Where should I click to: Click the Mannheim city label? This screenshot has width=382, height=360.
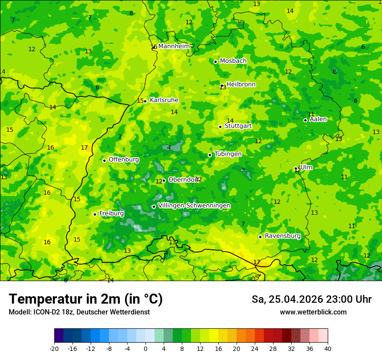point(174,46)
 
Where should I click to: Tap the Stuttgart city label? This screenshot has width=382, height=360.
point(238,126)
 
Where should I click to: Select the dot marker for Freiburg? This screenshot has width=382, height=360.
point(95,214)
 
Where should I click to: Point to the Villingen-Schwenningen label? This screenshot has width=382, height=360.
point(194,206)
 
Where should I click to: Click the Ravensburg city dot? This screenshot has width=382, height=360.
point(260,237)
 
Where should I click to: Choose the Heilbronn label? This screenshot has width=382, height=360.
point(241,85)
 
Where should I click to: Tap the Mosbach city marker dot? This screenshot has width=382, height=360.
point(215,62)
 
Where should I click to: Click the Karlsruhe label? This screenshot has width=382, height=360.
point(164,100)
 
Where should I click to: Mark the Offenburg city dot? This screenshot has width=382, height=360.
point(104,160)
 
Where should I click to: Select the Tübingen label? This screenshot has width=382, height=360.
point(228,154)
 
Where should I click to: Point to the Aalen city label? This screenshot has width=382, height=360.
point(318,119)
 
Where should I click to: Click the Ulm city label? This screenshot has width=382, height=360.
point(306,167)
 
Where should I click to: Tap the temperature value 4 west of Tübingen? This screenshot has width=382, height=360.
point(169,147)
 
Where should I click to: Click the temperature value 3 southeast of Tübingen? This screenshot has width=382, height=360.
point(243,170)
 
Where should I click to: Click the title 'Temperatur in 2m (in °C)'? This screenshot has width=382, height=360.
point(86,299)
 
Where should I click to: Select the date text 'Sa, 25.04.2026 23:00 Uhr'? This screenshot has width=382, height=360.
point(311,299)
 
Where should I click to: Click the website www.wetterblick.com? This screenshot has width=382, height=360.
point(313,312)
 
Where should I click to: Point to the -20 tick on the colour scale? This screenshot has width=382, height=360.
point(54,349)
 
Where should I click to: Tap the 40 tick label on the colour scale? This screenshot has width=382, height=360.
point(327,349)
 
